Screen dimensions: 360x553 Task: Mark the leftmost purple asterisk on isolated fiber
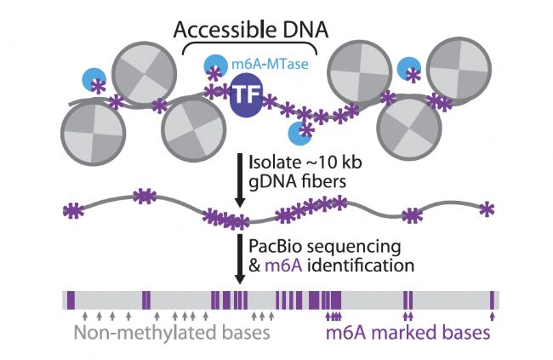click(x=75, y=209)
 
